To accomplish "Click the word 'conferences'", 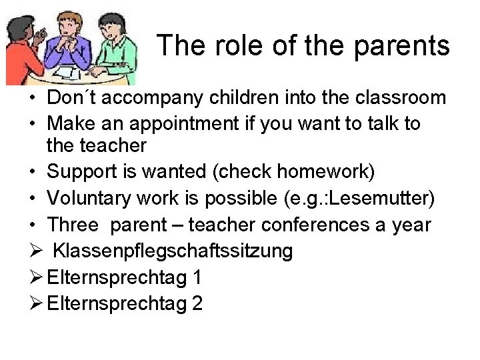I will tap(331, 225).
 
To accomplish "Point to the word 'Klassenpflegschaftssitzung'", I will tap(172, 251).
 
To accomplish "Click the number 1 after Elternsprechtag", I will tap(197, 277).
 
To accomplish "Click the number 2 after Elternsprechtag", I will tap(197, 304).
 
